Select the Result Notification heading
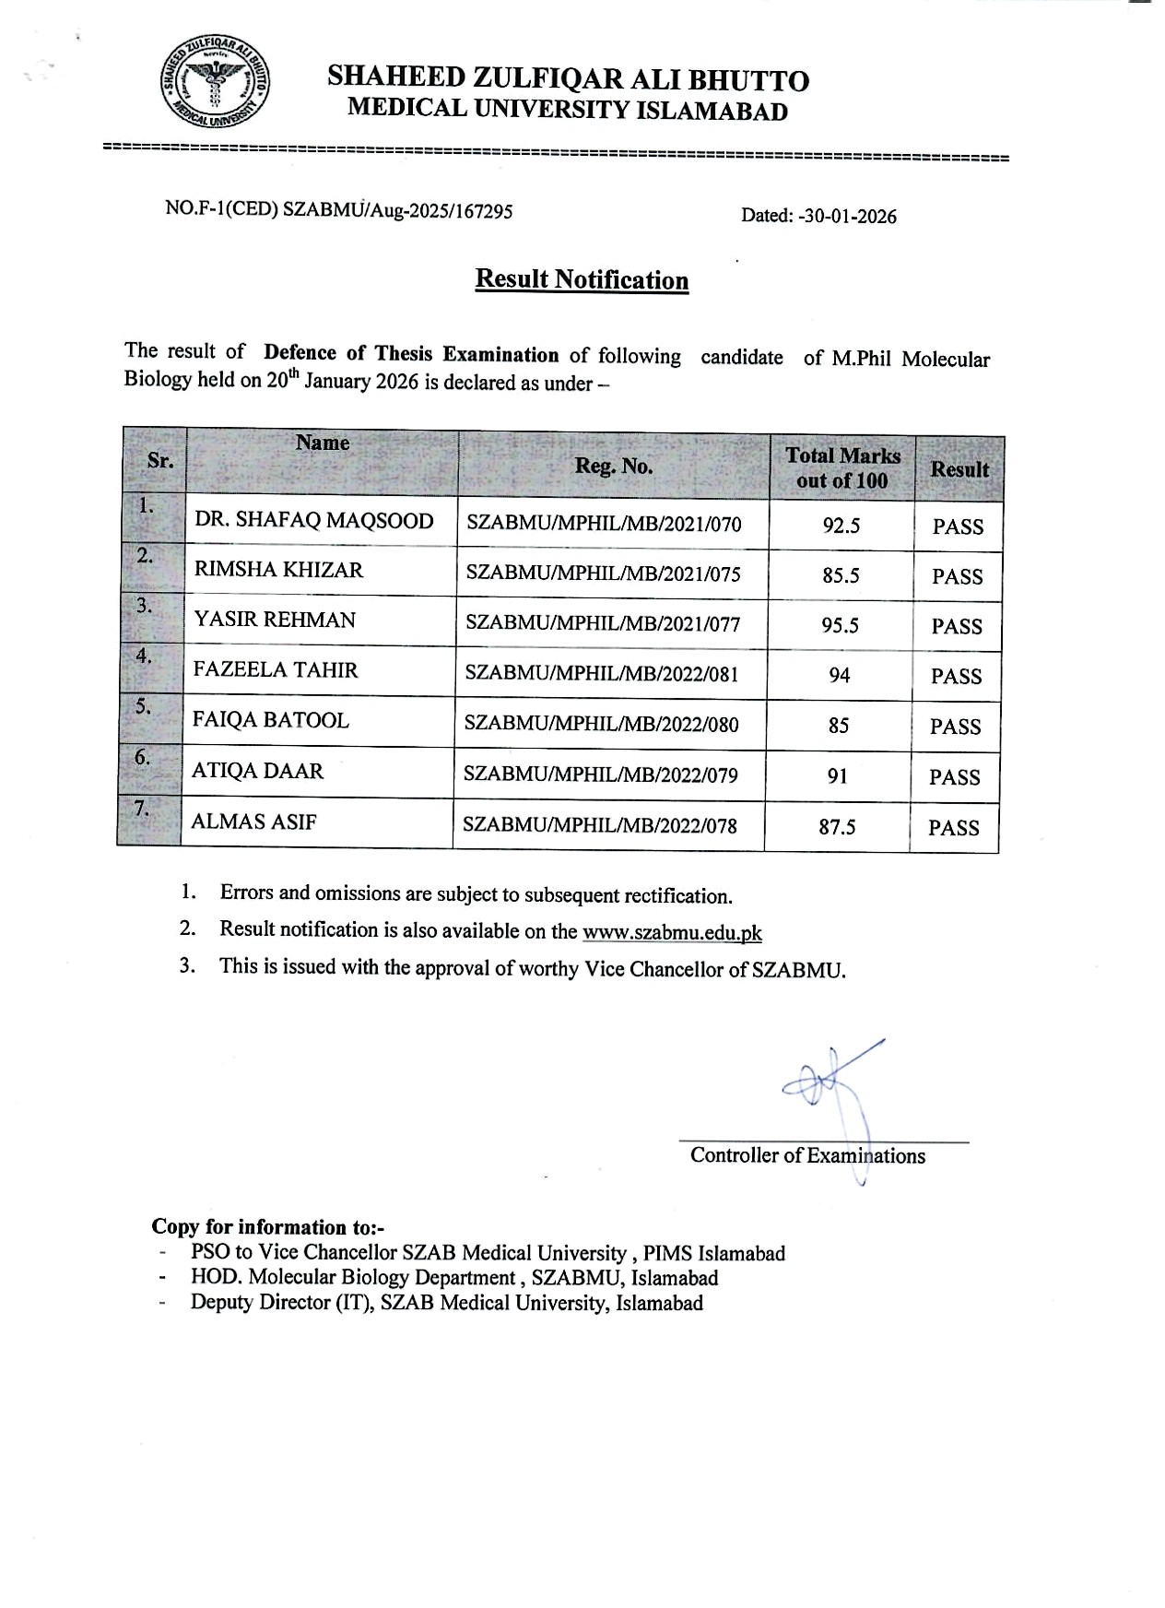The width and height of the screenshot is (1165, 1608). pyautogui.click(x=582, y=279)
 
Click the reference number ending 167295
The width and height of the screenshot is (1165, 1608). pyautogui.click(x=338, y=210)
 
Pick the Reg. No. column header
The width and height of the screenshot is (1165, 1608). pyautogui.click(x=613, y=467)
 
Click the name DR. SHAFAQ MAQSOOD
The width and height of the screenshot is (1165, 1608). pyautogui.click(x=313, y=521)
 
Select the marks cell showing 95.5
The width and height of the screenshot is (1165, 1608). pyautogui.click(x=840, y=626)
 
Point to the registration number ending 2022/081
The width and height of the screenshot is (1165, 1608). pyautogui.click(x=602, y=674)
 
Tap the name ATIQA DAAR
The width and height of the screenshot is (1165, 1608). pyautogui.click(x=257, y=771)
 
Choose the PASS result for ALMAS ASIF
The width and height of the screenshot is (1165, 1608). pyautogui.click(x=954, y=828)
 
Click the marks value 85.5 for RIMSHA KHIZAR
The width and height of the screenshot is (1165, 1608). pyautogui.click(x=841, y=576)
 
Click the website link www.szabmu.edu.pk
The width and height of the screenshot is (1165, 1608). pyautogui.click(x=672, y=933)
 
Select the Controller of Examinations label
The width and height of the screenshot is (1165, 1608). pyautogui.click(x=807, y=1156)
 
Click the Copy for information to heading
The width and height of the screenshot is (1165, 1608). pyautogui.click(x=267, y=1227)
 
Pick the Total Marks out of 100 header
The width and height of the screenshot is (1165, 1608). pyautogui.click(x=842, y=467)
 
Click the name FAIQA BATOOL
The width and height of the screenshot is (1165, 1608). pyautogui.click(x=270, y=721)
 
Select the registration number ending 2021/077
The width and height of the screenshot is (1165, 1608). pyautogui.click(x=603, y=623)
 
